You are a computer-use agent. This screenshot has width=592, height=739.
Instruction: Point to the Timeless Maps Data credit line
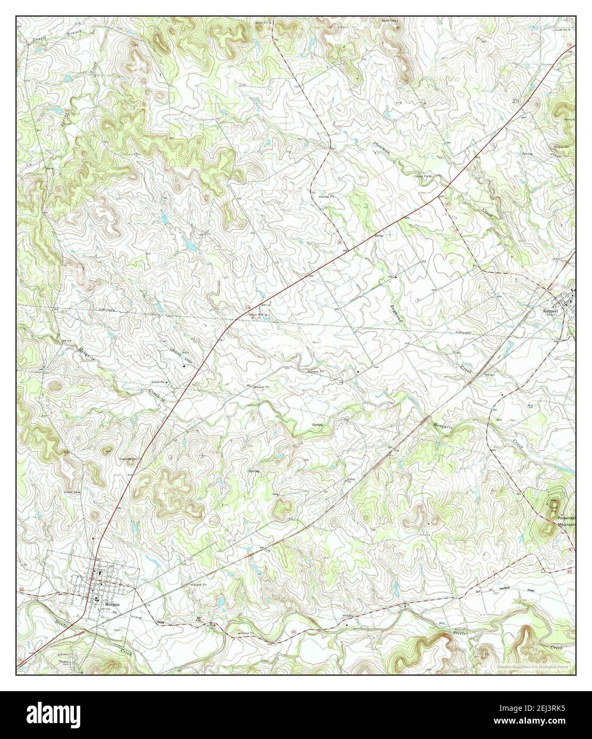pos(536,665)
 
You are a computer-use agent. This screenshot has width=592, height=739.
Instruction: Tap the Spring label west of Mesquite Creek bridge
pos(317,424)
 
